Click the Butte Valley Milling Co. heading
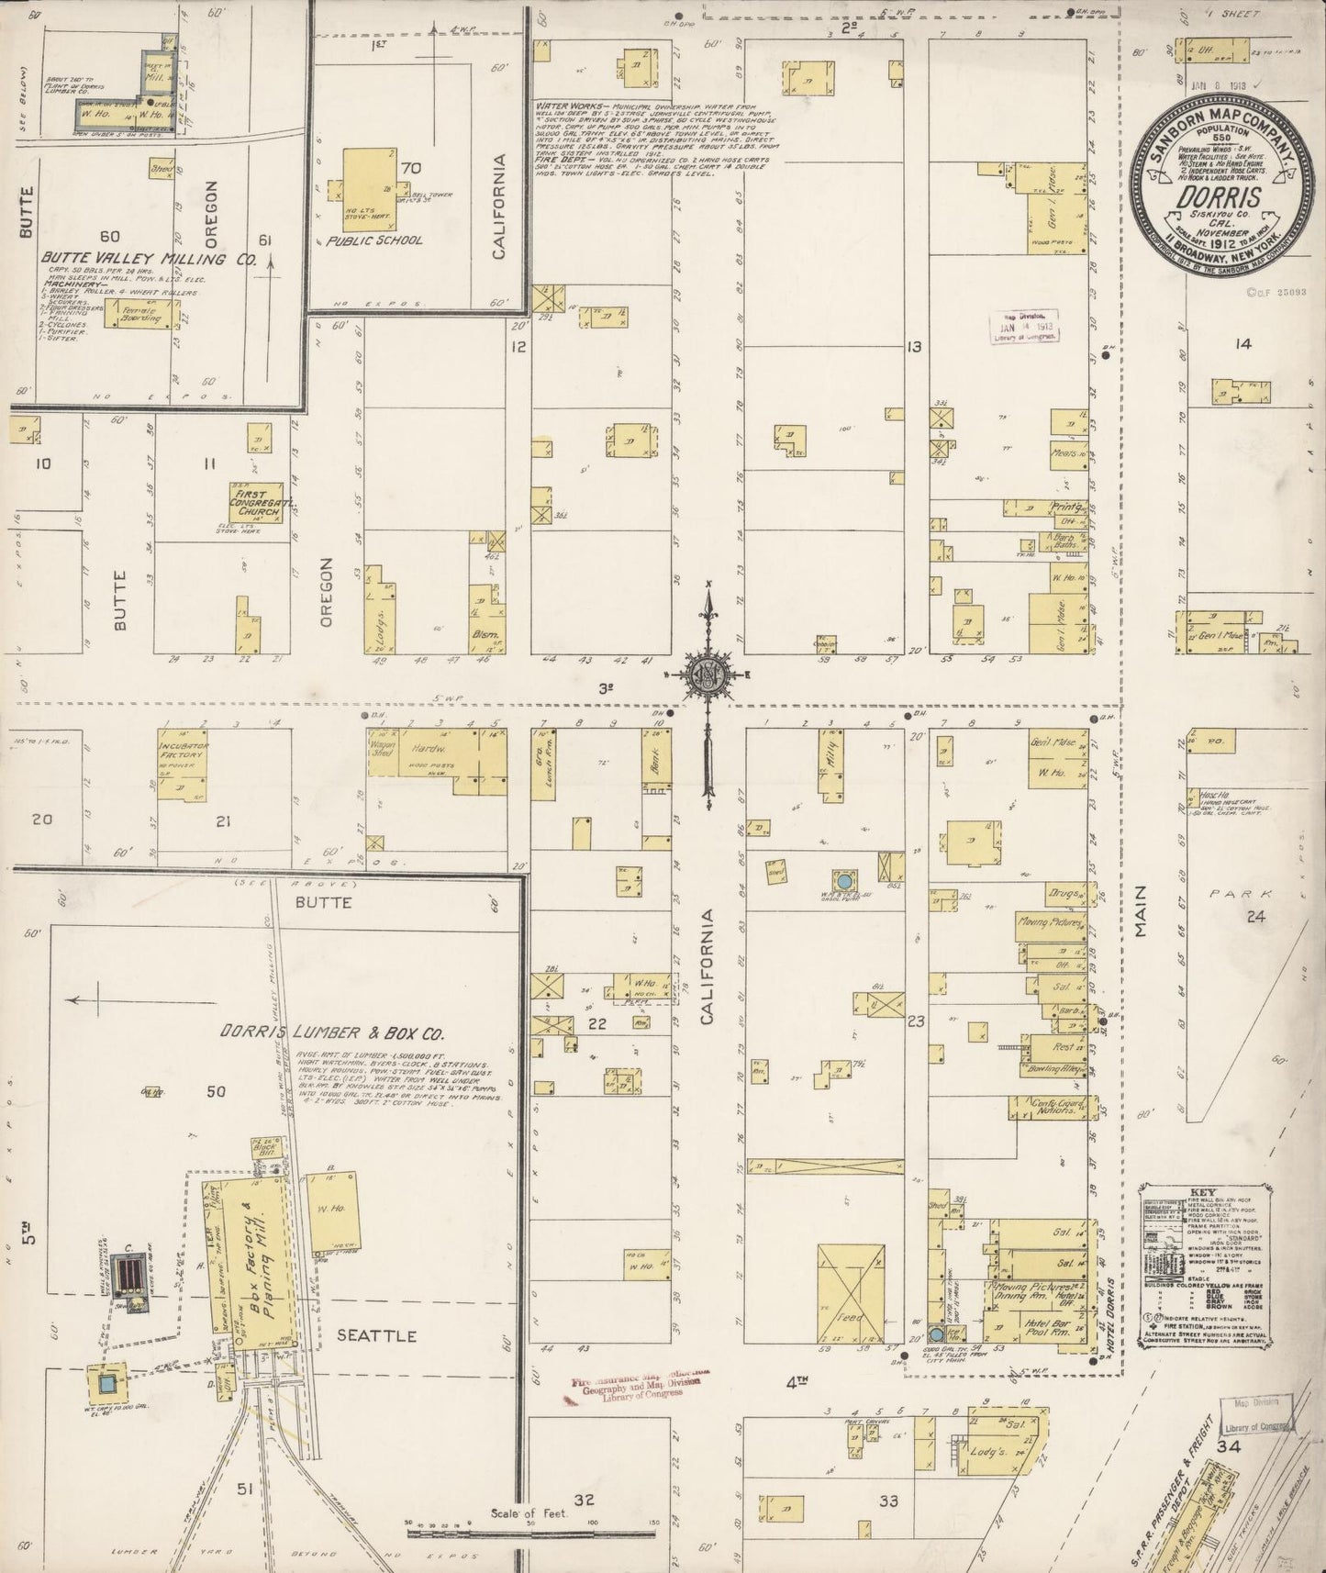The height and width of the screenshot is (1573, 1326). point(147,260)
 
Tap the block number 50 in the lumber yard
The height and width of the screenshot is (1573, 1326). point(216,1092)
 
